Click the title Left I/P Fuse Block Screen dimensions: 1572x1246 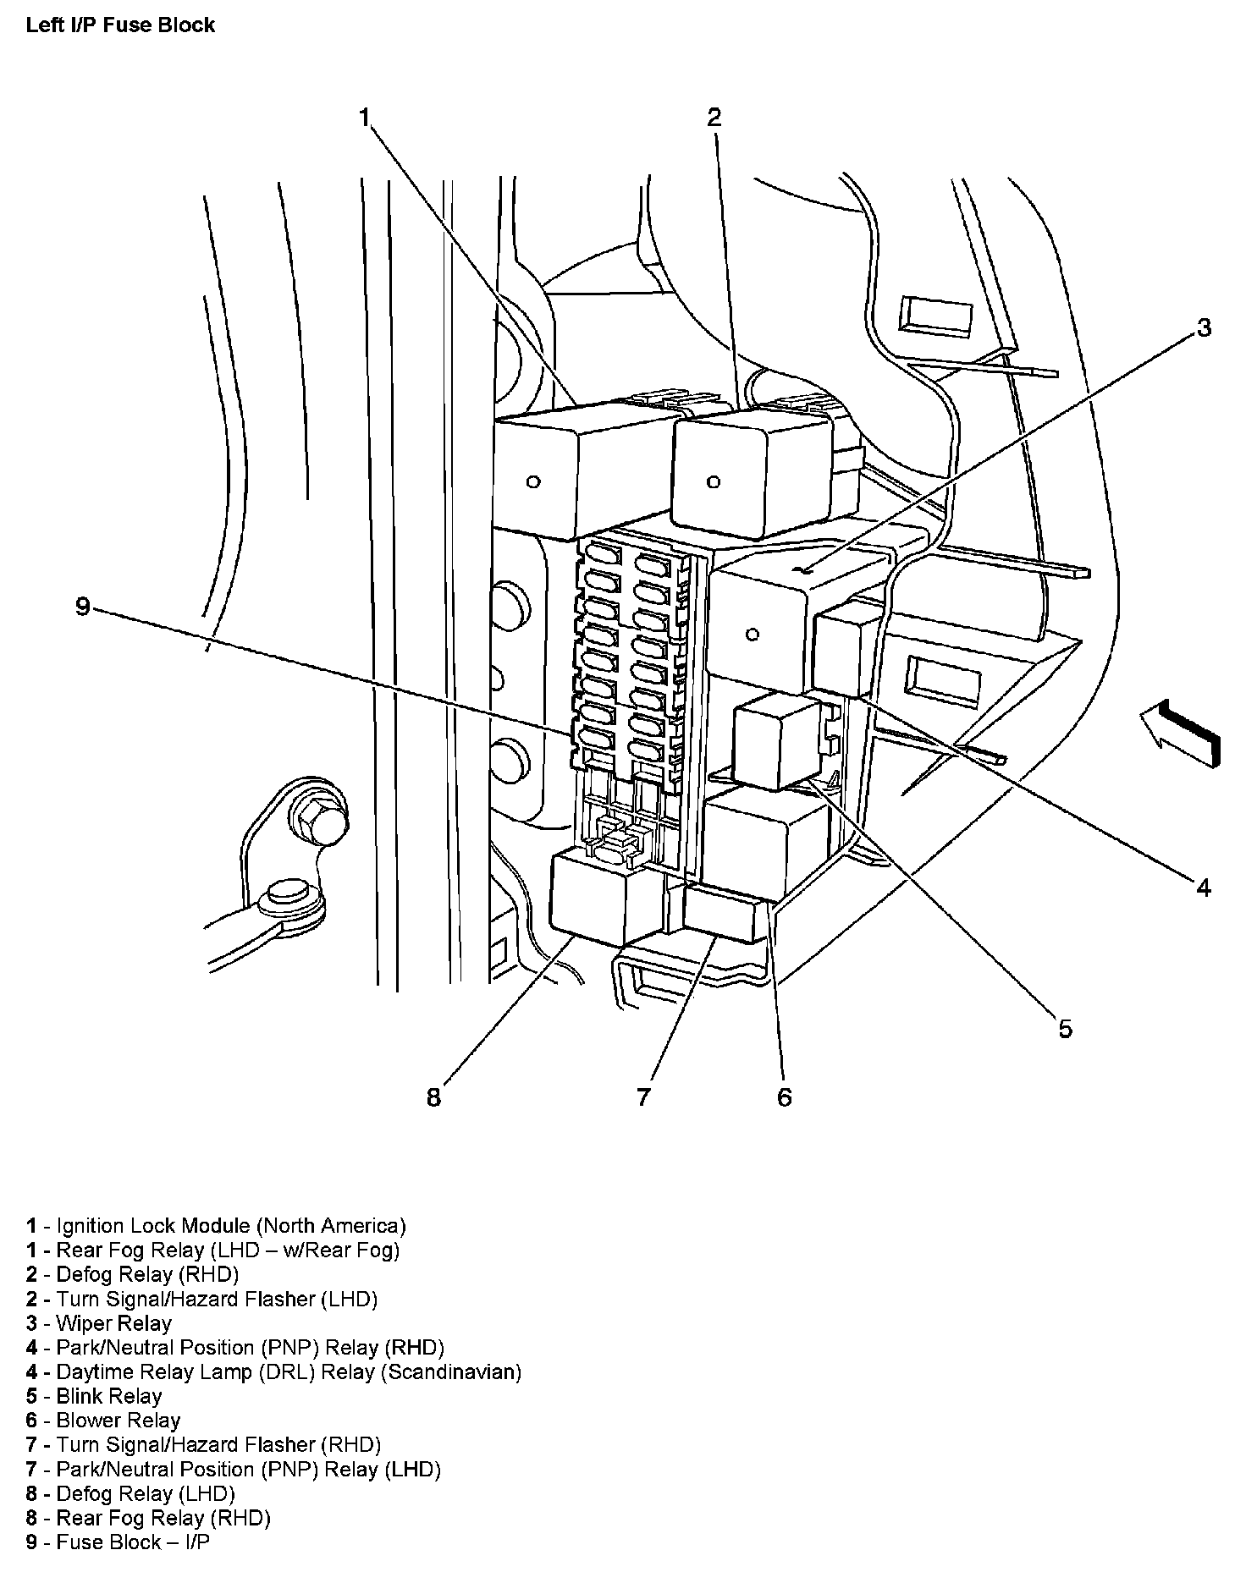(120, 25)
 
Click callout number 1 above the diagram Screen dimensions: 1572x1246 (365, 118)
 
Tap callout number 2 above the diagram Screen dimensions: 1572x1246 (714, 118)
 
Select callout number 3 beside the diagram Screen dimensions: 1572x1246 (1204, 328)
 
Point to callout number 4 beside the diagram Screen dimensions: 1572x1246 (1204, 887)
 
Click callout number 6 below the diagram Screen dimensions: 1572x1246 (784, 1097)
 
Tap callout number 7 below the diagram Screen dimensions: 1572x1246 (643, 1097)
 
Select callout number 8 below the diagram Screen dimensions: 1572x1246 (433, 1097)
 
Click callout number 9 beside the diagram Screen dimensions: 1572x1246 (82, 607)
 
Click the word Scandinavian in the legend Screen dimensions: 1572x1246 (450, 1371)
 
